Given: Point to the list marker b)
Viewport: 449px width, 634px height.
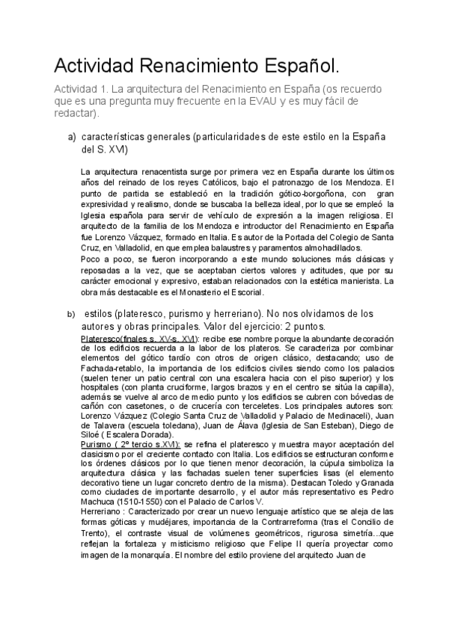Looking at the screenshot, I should click(x=72, y=314).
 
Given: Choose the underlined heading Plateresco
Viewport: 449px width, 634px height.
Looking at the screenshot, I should click(x=106, y=339).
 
